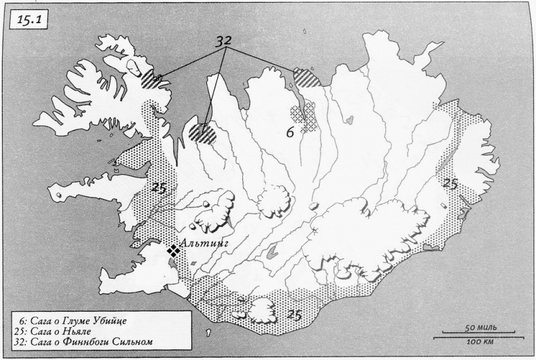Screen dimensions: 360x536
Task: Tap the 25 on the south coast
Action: [x=294, y=313]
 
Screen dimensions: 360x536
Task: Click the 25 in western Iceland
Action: [x=160, y=188]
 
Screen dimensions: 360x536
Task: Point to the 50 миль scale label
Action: [x=479, y=327]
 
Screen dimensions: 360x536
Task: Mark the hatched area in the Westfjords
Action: [x=151, y=77]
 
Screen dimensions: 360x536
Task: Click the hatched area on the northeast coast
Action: [x=303, y=77]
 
